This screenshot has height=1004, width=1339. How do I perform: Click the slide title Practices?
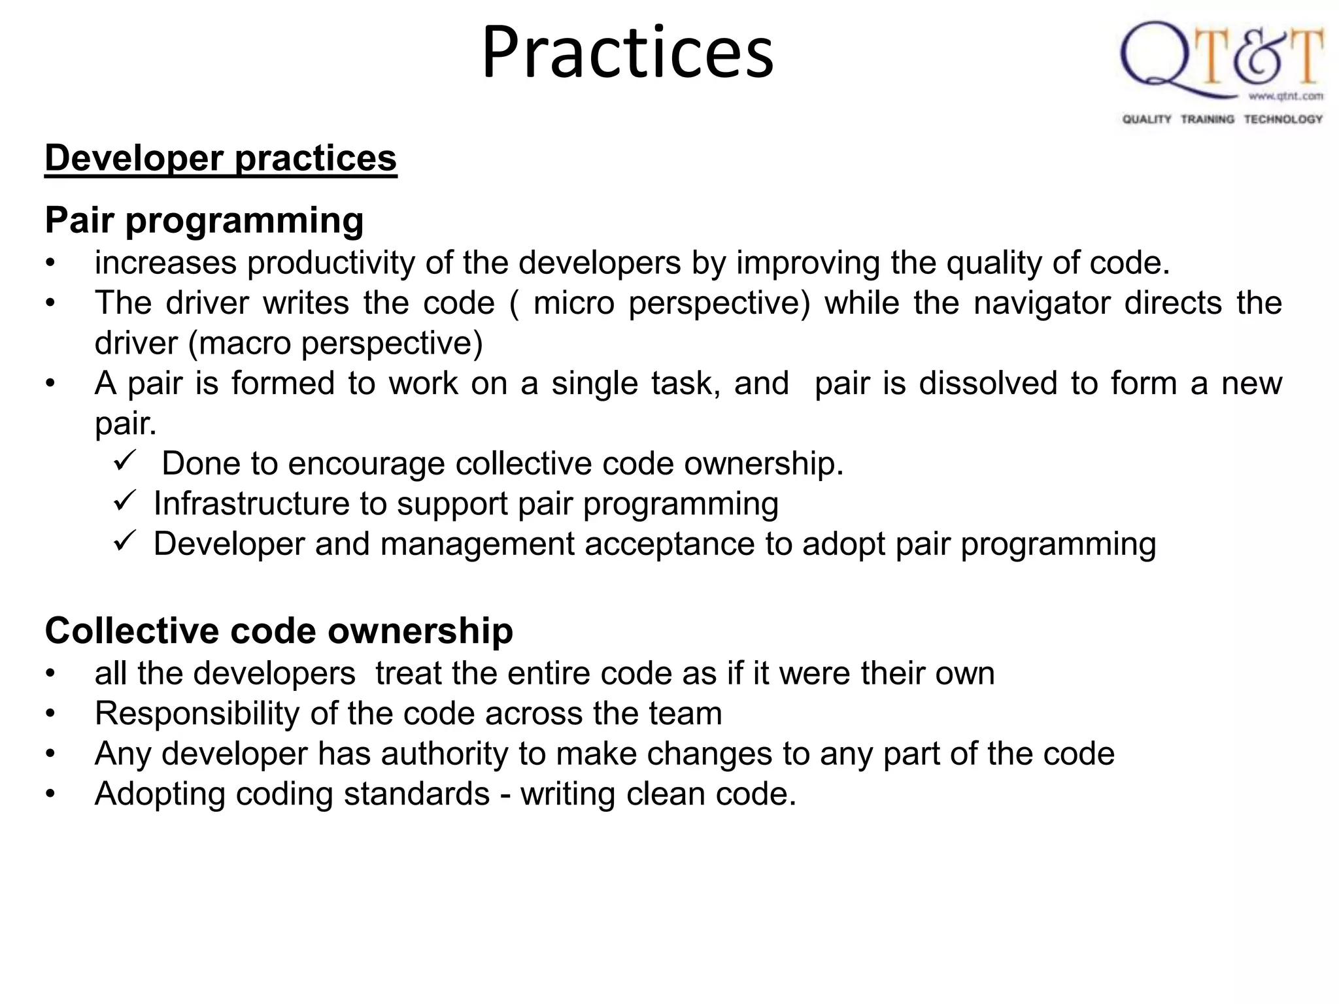pyautogui.click(x=628, y=52)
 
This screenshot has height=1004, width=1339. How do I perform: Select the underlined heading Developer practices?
pyautogui.click(x=221, y=158)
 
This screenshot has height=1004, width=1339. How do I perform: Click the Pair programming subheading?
pyautogui.click(x=204, y=220)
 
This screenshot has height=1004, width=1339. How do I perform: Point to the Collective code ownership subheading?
pyautogui.click(x=279, y=631)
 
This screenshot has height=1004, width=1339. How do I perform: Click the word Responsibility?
pyautogui.click(x=197, y=713)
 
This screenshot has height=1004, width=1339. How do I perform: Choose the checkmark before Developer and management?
pyautogui.click(x=124, y=542)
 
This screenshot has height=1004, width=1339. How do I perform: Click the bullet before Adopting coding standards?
pyautogui.click(x=50, y=795)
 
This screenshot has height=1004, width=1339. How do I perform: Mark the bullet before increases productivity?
pyautogui.click(x=50, y=264)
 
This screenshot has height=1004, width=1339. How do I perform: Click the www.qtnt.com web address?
pyautogui.click(x=1285, y=97)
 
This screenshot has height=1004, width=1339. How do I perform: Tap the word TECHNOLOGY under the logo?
pyautogui.click(x=1283, y=119)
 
